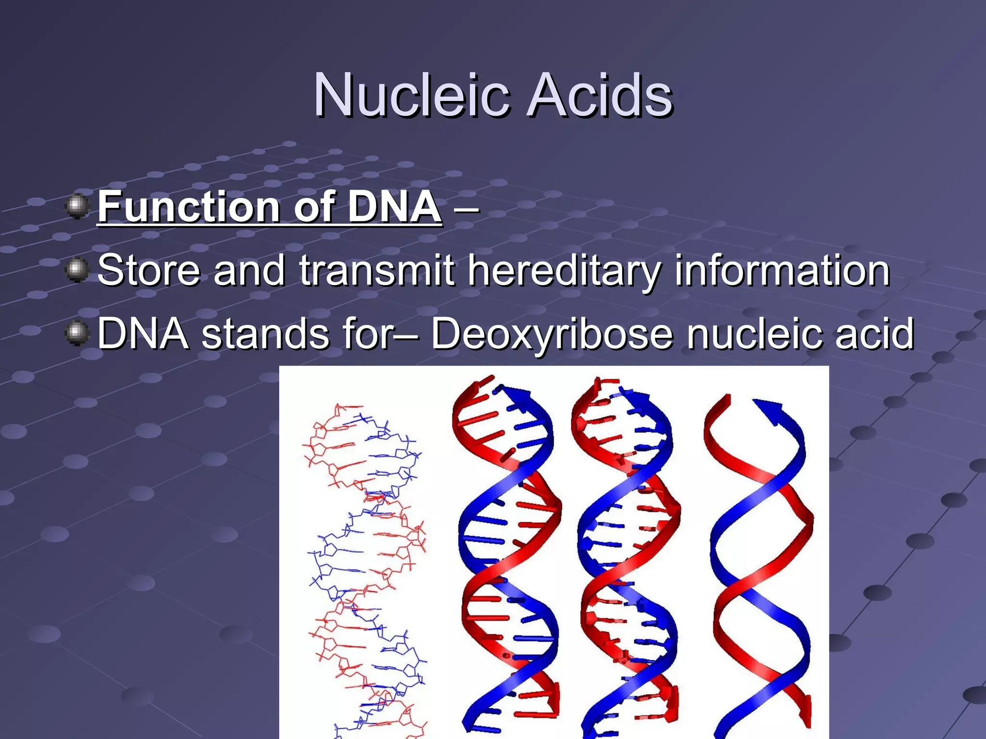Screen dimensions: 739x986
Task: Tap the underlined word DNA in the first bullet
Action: coord(394,207)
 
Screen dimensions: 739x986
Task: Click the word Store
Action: coord(148,270)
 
